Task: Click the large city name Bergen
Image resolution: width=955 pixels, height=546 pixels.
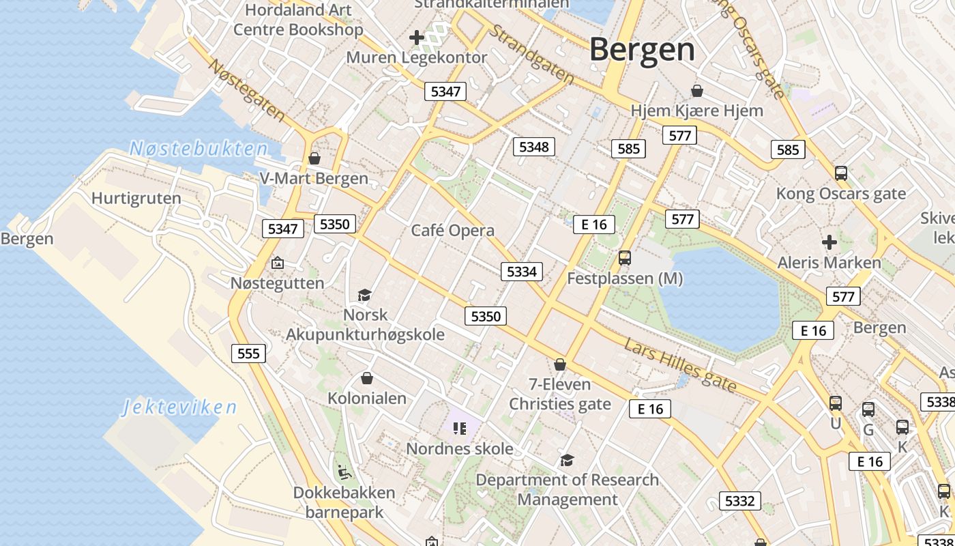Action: (x=642, y=50)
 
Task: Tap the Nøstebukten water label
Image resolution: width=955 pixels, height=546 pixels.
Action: (x=199, y=149)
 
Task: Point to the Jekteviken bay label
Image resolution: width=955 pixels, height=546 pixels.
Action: (x=180, y=407)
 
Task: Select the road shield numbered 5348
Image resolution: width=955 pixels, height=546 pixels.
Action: (x=533, y=147)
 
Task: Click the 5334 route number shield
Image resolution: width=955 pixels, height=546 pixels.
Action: (x=522, y=272)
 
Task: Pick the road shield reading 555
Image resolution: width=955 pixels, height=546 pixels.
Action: (x=248, y=353)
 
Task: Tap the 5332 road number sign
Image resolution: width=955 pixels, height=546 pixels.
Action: (x=739, y=501)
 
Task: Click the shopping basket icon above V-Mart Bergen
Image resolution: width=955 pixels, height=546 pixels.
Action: (x=314, y=158)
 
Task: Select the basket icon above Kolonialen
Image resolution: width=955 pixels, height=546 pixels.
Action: (x=367, y=378)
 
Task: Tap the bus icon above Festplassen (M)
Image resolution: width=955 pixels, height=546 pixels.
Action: (x=624, y=258)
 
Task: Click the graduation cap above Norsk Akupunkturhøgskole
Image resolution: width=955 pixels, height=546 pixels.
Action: (x=364, y=295)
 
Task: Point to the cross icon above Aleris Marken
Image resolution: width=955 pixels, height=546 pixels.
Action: (x=829, y=242)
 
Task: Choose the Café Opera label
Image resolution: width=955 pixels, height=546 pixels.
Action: (x=452, y=230)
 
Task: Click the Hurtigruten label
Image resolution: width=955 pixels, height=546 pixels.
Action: (x=136, y=199)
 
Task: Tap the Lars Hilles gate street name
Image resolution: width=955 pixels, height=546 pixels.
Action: (x=680, y=366)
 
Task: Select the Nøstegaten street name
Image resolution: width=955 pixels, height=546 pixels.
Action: (x=246, y=90)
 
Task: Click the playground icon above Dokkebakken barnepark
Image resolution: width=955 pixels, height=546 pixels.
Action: (x=344, y=472)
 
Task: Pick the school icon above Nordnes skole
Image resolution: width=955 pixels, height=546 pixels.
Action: (x=459, y=429)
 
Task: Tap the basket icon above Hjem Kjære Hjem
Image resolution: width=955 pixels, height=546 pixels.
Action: (x=697, y=90)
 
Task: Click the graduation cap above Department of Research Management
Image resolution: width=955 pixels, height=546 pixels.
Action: (x=567, y=460)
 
